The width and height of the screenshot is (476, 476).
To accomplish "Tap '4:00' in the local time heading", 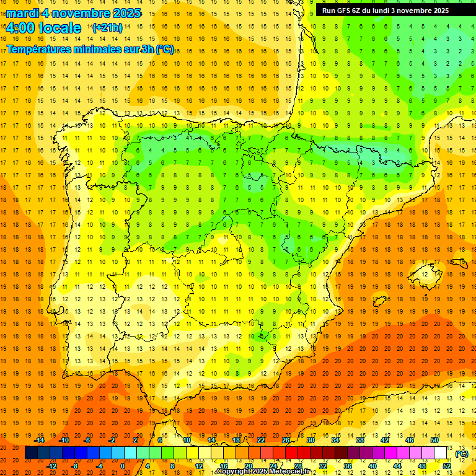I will click(x=20, y=28).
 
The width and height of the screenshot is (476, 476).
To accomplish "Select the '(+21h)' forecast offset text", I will click(x=107, y=28).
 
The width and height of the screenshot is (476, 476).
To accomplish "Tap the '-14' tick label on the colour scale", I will click(x=39, y=440).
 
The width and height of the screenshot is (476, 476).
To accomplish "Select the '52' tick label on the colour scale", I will click(x=446, y=466).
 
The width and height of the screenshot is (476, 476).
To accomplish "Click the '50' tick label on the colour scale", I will click(x=434, y=440).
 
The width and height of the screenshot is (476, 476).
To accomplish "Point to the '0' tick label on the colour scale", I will click(x=123, y=466).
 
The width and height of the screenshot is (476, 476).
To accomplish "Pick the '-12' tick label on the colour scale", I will click(x=51, y=466).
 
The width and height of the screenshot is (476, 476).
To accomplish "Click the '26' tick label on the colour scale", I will click(x=286, y=440).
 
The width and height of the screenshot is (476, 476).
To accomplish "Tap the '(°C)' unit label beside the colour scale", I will click(x=461, y=454).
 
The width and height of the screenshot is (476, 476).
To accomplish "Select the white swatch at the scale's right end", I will click(x=441, y=453).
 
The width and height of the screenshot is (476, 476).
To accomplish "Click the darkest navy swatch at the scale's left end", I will click(x=31, y=453).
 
